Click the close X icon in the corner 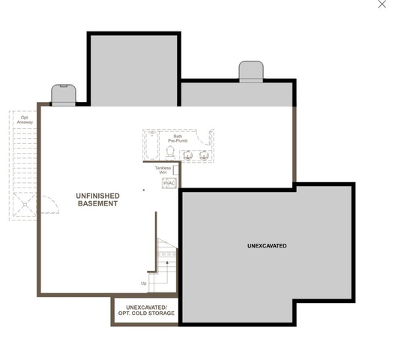click(x=382, y=4)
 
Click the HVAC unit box click(x=169, y=183)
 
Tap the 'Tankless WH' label click(x=163, y=170)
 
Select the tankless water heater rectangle click(x=175, y=170)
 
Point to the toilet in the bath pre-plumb click(x=170, y=153)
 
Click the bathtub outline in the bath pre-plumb click(x=151, y=145)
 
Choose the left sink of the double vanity click(x=188, y=155)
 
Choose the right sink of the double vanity click(x=204, y=155)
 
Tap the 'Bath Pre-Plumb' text click(x=178, y=139)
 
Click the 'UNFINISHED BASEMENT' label click(x=97, y=199)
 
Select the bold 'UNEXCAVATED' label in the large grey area click(x=267, y=246)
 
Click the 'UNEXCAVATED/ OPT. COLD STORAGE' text click(x=146, y=310)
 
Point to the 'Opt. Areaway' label click(x=25, y=120)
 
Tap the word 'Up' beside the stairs click(x=144, y=283)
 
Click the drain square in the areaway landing click(x=25, y=205)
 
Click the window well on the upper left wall click(x=64, y=94)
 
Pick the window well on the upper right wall click(x=251, y=71)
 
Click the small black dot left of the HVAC click(x=144, y=190)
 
